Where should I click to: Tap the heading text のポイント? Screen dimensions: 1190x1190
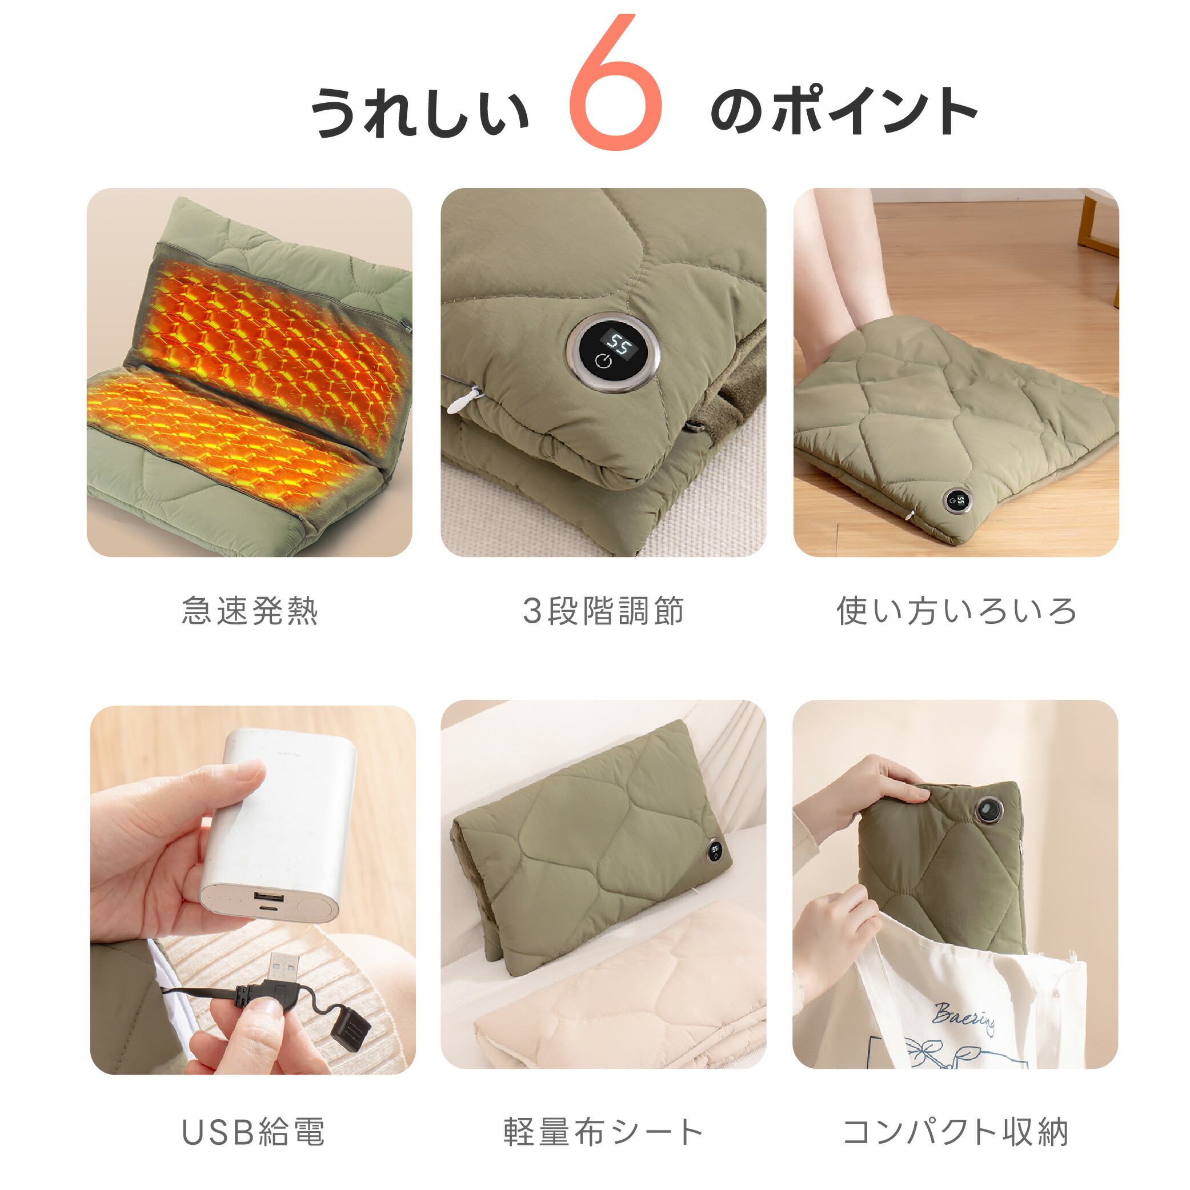(844, 111)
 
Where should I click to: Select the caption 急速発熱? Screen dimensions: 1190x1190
(250, 611)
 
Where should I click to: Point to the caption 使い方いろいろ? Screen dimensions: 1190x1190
(956, 611)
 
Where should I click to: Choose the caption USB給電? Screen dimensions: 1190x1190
(253, 1132)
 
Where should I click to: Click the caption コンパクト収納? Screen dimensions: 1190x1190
(955, 1132)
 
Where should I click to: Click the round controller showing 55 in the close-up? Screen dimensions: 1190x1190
(614, 352)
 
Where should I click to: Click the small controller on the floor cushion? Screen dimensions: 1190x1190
(957, 500)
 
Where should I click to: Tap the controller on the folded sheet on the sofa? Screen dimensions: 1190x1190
(715, 851)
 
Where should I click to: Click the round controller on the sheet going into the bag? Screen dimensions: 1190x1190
(988, 809)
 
